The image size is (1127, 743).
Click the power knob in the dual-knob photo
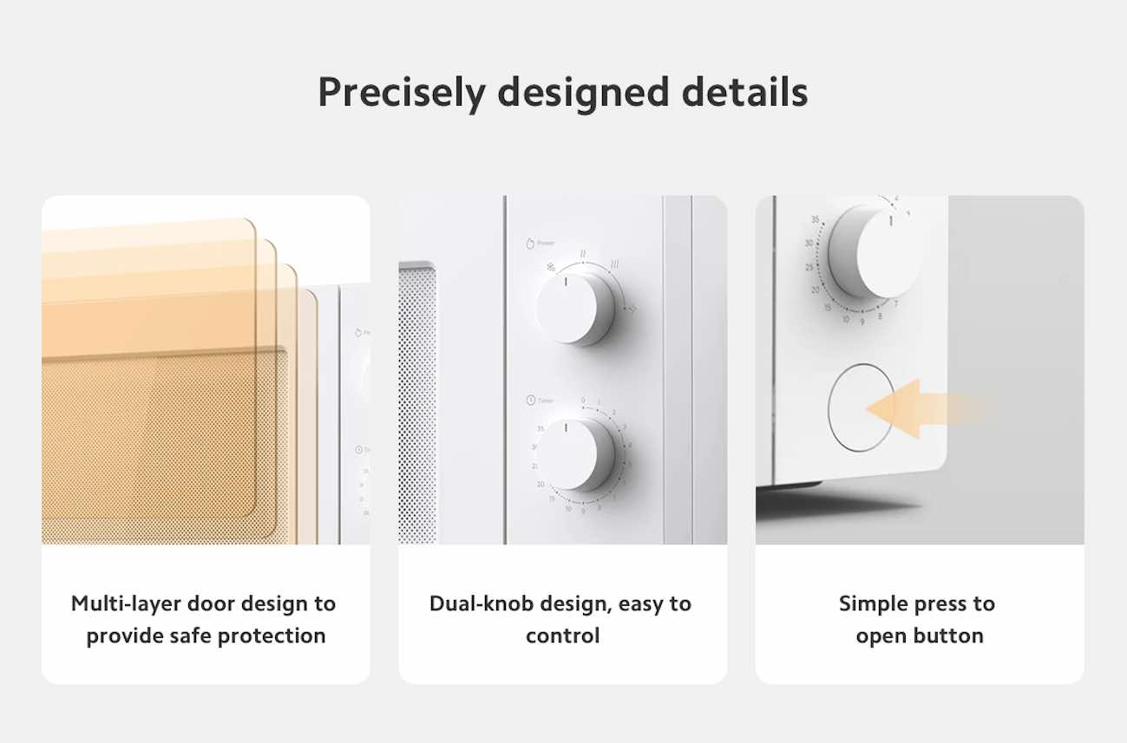pyautogui.click(x=574, y=307)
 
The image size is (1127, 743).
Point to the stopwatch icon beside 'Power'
pyautogui.click(x=528, y=244)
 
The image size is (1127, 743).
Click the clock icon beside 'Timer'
pyautogui.click(x=529, y=400)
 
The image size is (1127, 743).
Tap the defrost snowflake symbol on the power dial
pyautogui.click(x=550, y=267)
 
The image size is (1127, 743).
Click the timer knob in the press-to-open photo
pyautogui.click(x=873, y=252)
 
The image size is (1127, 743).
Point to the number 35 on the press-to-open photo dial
pyautogui.click(x=816, y=219)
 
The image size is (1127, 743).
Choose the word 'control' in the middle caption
pyautogui.click(x=562, y=635)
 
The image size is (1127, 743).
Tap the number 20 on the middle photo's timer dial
pyautogui.click(x=540, y=484)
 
